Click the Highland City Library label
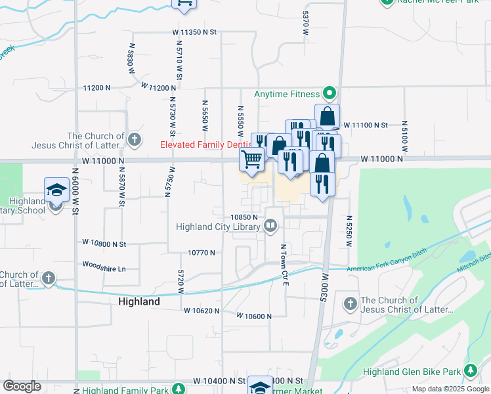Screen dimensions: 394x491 click(x=218, y=227)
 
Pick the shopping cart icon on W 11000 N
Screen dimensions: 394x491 click(x=252, y=159)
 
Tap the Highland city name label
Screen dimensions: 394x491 click(x=139, y=301)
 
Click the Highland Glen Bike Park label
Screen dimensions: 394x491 click(x=412, y=372)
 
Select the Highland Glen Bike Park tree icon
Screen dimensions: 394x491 click(x=470, y=372)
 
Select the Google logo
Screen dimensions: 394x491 click(x=22, y=385)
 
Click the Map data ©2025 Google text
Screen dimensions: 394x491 click(x=450, y=389)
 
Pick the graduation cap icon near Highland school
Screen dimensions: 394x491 click(x=56, y=190)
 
